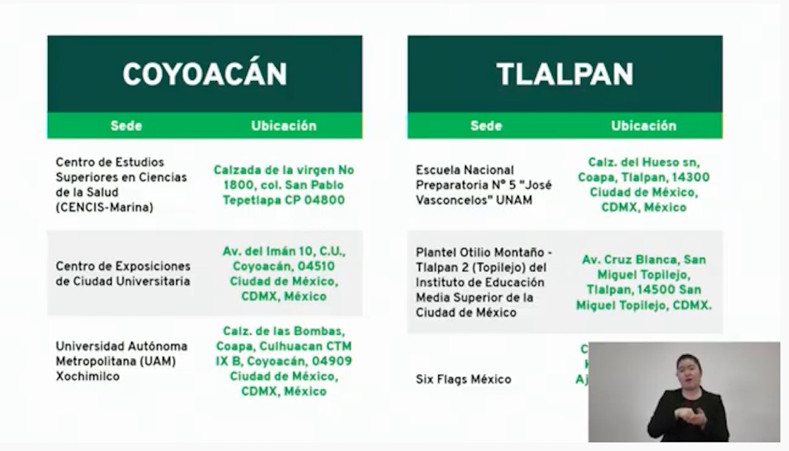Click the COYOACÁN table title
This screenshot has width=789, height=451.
[x=204, y=74]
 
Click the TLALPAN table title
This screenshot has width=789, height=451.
[x=564, y=74]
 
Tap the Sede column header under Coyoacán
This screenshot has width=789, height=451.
[x=126, y=126]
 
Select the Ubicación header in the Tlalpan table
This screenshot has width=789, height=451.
[x=643, y=126]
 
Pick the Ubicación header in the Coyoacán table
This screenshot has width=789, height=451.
[x=284, y=126]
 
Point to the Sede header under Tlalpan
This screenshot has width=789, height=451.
[x=486, y=126]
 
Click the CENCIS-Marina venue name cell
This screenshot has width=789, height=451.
[x=121, y=185]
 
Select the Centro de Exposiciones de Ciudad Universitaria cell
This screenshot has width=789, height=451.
[x=123, y=274]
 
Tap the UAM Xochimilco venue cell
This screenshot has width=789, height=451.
[x=121, y=362]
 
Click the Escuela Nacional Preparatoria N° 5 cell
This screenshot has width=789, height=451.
[x=484, y=185]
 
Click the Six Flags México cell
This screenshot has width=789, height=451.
[x=464, y=379]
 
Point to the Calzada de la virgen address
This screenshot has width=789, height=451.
[x=284, y=185]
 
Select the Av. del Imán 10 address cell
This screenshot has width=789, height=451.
[x=284, y=274]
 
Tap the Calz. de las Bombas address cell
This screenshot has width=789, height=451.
[x=284, y=362]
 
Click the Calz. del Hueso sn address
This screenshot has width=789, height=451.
[x=643, y=185]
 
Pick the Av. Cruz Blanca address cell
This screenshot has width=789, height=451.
[x=643, y=282]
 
